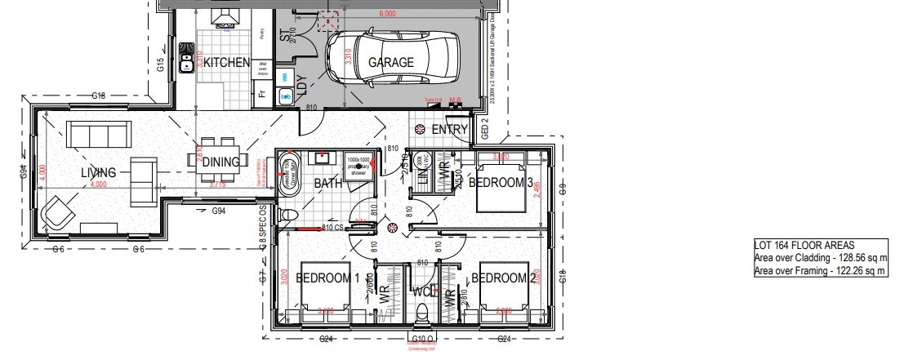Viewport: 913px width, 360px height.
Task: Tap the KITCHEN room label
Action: (x=226, y=63)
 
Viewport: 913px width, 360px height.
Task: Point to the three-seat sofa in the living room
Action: (x=97, y=134)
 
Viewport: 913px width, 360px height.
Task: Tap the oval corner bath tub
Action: (x=288, y=174)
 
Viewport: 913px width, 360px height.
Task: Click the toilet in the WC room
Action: (x=422, y=315)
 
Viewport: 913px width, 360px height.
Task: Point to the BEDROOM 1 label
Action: (x=327, y=278)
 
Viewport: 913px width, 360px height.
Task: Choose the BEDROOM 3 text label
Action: (x=501, y=182)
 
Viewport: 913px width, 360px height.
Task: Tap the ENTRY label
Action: (x=449, y=130)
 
